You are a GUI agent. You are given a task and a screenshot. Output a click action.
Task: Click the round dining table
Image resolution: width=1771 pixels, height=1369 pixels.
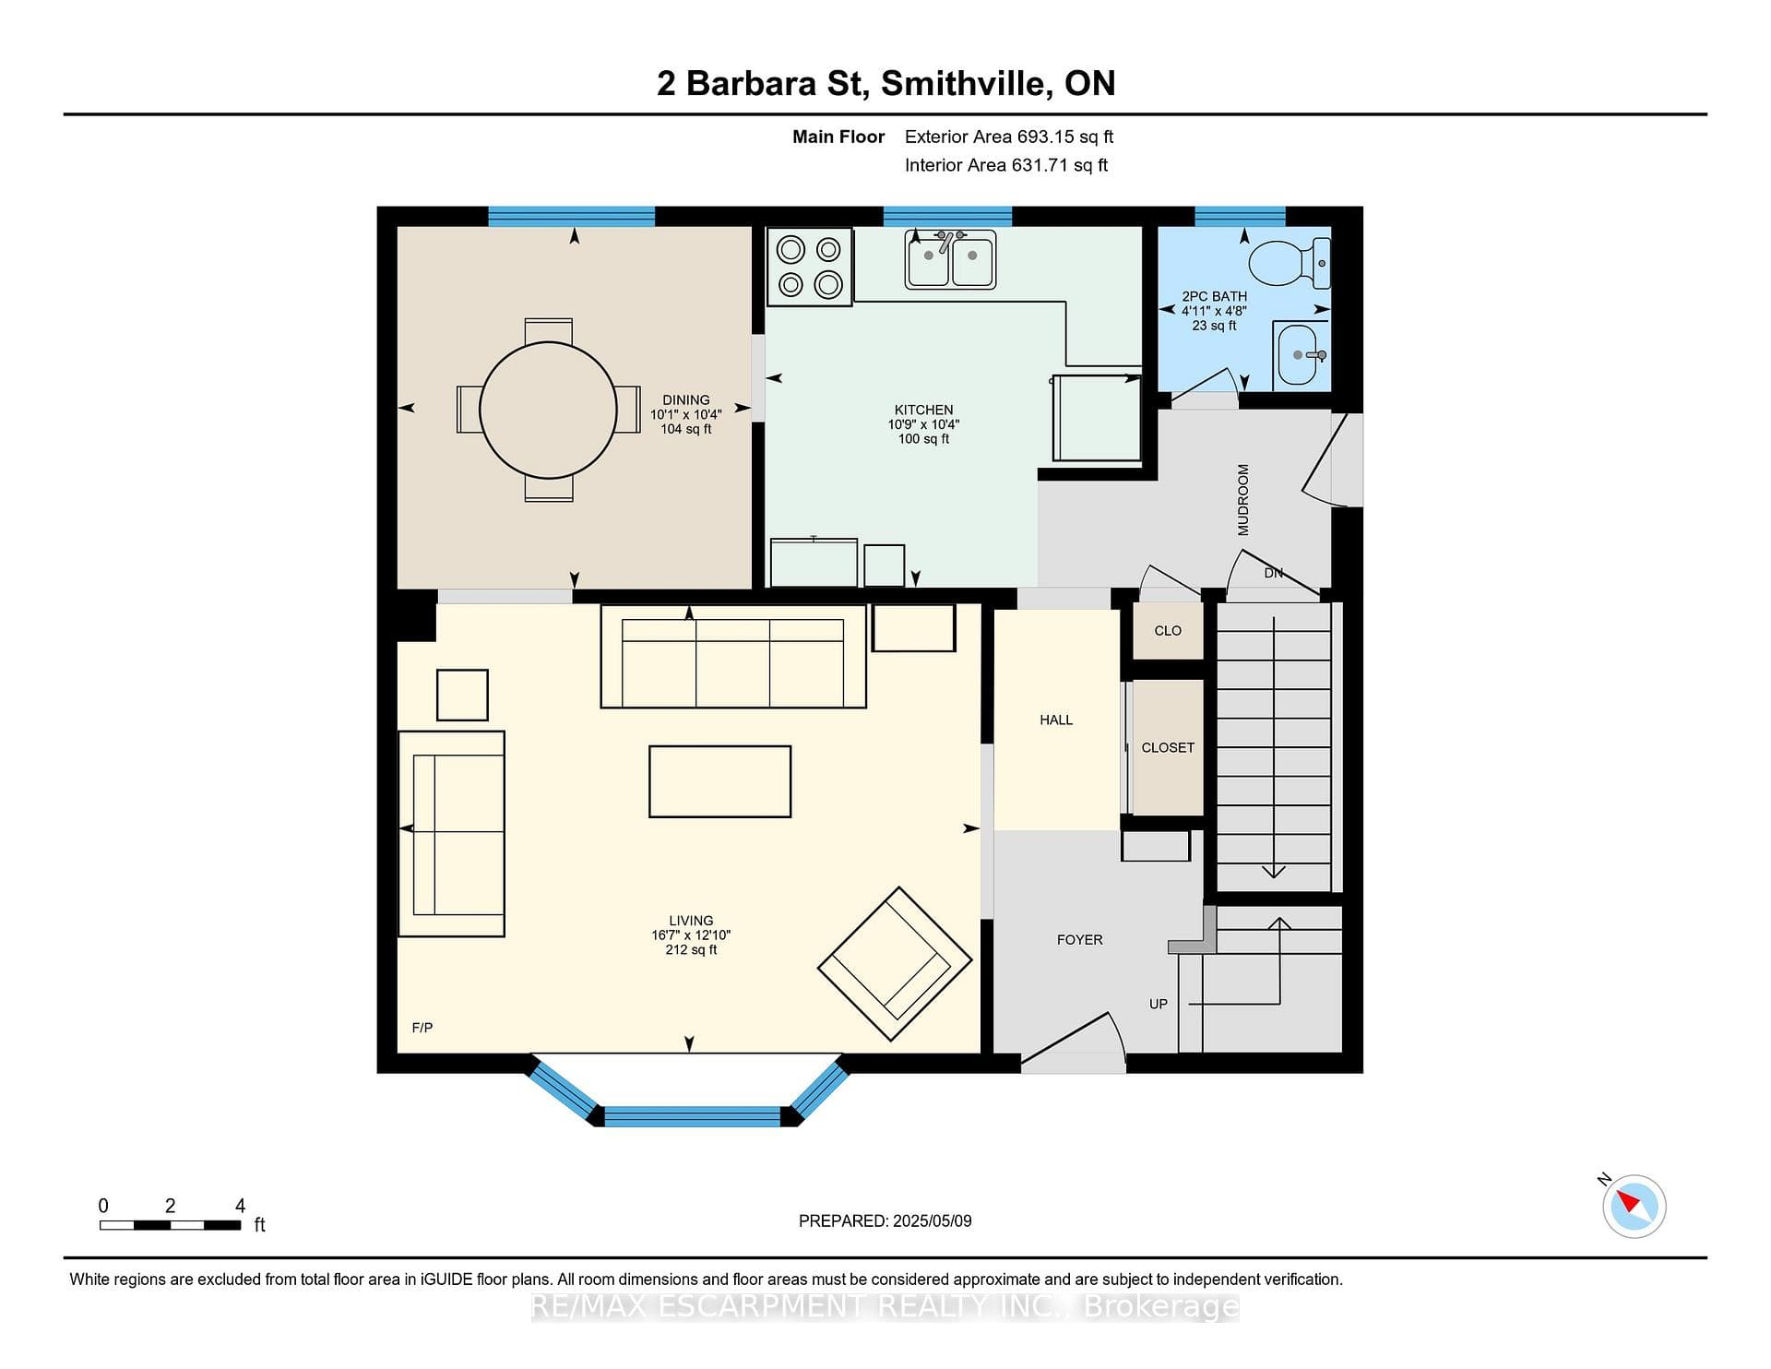548,410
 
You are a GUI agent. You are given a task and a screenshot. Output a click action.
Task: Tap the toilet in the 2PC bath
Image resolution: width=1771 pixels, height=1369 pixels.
1290,262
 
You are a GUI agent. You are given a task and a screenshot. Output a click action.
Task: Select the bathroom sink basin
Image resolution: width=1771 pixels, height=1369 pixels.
1302,354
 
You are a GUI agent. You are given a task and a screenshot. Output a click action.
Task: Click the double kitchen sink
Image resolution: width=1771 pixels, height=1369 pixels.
950,259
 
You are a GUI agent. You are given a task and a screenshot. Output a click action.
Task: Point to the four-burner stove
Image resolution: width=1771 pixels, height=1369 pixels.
809,266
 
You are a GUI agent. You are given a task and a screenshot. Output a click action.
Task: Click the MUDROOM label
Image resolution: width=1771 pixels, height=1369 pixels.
1242,499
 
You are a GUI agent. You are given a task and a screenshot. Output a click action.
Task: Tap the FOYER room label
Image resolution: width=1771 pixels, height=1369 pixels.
1079,940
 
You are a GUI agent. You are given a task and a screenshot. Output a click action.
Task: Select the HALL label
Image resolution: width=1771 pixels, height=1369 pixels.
1056,720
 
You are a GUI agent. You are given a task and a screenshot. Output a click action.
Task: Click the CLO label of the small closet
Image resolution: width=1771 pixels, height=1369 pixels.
1168,631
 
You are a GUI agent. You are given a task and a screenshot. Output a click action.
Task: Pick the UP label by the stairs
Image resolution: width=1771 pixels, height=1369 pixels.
1159,1004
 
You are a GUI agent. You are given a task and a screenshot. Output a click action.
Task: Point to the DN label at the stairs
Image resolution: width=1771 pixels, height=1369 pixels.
1274,573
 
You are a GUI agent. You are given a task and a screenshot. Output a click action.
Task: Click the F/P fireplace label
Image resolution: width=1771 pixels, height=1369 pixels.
422,1028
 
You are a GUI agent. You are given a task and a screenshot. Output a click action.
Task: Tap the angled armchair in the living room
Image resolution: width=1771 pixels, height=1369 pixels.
895,964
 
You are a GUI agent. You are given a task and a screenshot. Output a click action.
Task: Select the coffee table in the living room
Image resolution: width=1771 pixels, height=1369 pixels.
719,781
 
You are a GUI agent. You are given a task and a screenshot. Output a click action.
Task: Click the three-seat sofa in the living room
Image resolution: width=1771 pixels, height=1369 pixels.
733,656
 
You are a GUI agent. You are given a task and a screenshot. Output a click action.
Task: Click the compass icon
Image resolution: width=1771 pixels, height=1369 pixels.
1634,1206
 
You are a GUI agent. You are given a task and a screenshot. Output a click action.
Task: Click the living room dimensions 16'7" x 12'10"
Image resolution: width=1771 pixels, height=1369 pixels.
691,935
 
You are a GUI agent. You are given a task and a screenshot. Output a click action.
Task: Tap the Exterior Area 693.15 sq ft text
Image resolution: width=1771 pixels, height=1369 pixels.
1009,137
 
